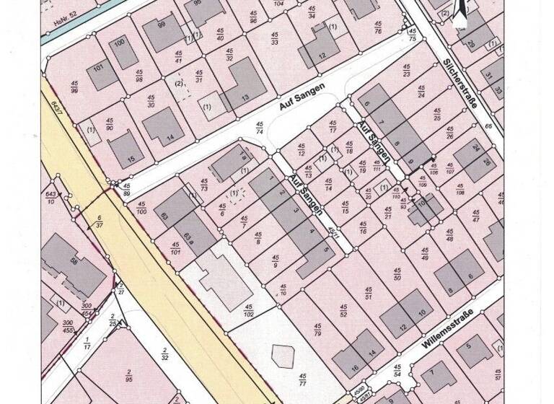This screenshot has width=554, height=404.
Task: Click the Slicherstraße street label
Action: pyautogui.click(x=463, y=83)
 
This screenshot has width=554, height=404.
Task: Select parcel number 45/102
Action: pyautogui.click(x=248, y=312)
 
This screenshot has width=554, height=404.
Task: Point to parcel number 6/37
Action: pyautogui.click(x=99, y=220)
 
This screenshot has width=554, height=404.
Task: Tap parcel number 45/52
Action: pyautogui.click(x=343, y=311)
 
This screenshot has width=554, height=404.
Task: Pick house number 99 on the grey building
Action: pyautogui.click(x=161, y=25)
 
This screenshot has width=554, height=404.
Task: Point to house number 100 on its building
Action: pyautogui.click(x=120, y=43)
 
